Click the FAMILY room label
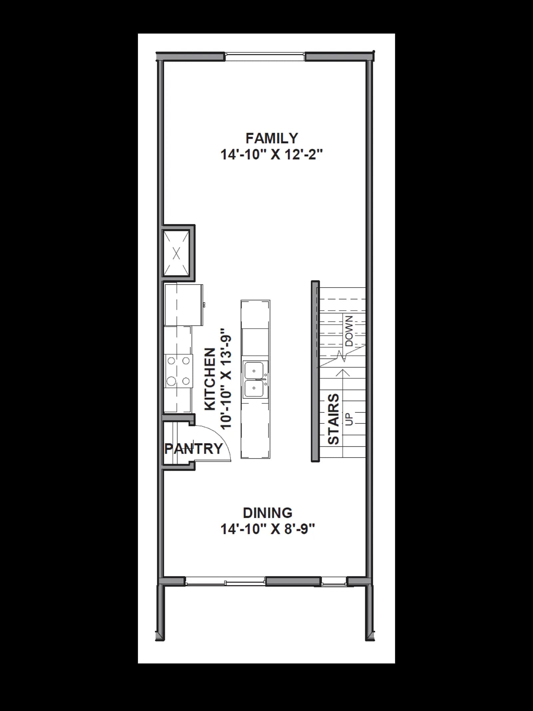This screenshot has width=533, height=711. [271, 138]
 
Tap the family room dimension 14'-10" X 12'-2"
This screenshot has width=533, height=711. [272, 155]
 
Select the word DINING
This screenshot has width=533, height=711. [268, 513]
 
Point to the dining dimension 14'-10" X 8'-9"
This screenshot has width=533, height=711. [268, 529]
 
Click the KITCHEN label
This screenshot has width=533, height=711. [210, 379]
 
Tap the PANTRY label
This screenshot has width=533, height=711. [194, 449]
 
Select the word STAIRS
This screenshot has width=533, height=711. [333, 419]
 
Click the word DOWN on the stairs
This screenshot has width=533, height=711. [349, 331]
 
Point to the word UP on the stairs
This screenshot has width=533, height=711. [349, 419]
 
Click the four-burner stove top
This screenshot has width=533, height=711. [179, 371]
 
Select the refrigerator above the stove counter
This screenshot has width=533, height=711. [184, 305]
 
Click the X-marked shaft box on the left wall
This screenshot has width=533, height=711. [177, 253]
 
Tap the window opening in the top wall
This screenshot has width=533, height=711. [265, 56]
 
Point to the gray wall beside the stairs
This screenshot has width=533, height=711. [315, 371]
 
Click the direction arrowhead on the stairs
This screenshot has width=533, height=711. [343, 373]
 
